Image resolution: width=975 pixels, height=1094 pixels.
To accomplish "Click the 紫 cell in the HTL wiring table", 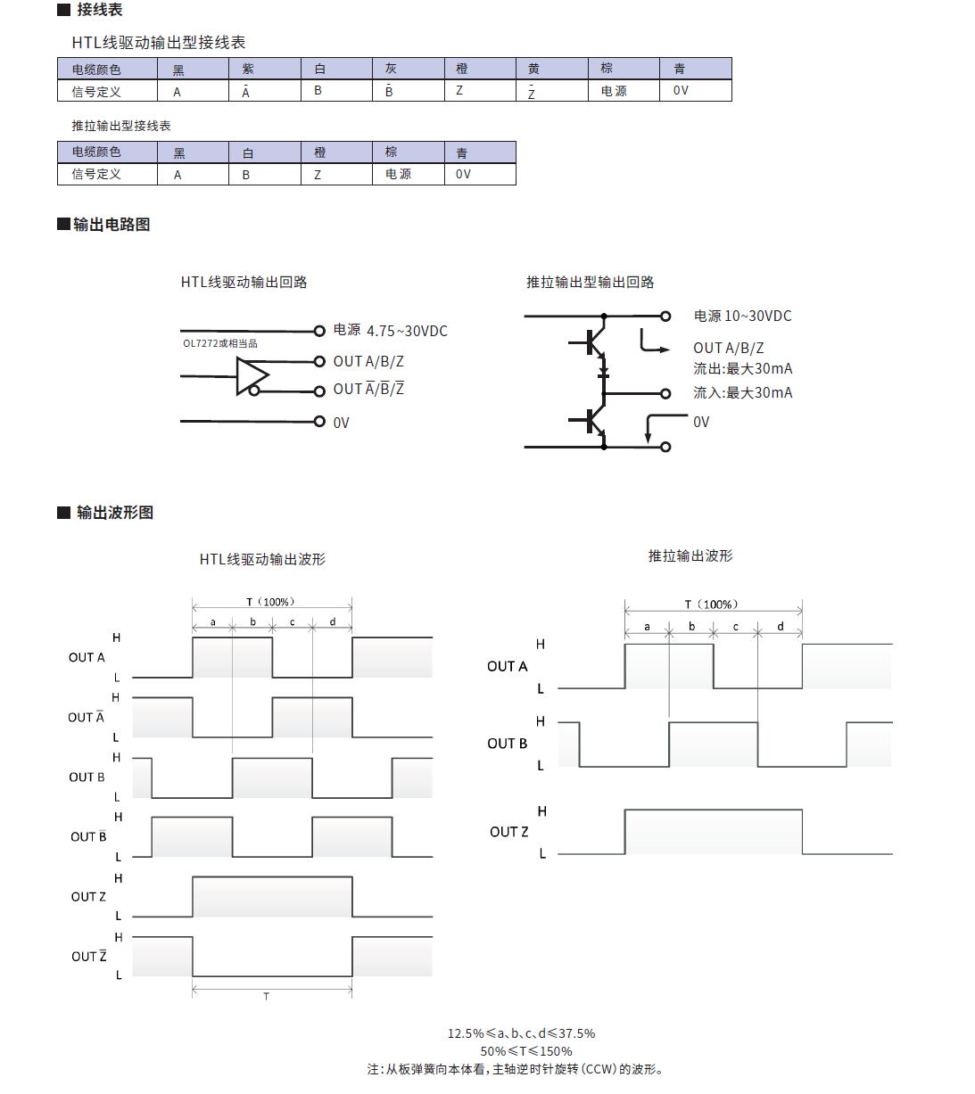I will (248, 70).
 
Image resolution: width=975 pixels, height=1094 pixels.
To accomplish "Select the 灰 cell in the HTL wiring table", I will (391, 70).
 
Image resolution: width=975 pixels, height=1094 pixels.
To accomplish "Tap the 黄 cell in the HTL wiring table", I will (533, 70).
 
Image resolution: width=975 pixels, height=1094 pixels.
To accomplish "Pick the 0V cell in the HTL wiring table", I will (681, 91).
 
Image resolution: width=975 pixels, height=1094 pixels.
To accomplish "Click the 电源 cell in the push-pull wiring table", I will (398, 174).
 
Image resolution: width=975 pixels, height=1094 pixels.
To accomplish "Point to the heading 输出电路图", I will (111, 225).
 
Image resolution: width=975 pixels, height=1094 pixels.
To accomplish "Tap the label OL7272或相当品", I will (220, 343).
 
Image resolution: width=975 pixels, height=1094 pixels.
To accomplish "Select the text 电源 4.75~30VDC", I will (390, 331).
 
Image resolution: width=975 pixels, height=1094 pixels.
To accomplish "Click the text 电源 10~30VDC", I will (742, 317).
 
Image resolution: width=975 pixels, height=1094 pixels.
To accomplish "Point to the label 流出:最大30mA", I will (742, 369).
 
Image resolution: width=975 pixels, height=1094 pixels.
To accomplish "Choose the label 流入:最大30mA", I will (742, 393).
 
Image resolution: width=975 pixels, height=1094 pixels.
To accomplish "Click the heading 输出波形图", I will (114, 513).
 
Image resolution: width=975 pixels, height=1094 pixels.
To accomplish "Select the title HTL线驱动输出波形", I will (262, 560).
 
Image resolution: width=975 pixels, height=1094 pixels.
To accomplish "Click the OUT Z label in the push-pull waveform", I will (508, 832).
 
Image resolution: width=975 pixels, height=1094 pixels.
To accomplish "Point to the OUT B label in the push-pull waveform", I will (507, 744).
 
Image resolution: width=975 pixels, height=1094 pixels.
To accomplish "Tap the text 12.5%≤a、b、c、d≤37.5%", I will (521, 1033).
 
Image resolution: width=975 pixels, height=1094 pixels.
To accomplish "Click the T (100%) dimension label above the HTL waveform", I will (270, 602).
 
